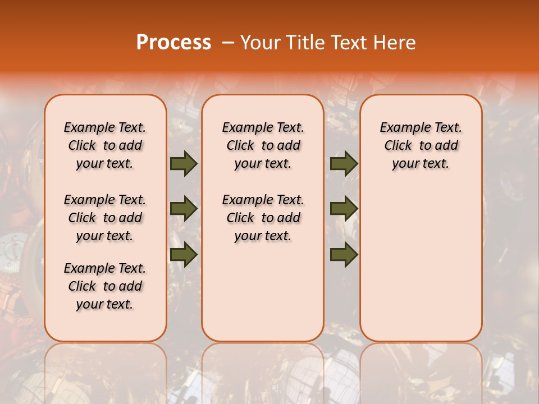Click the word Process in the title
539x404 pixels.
[173, 43]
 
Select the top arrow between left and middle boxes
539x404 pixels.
[184, 164]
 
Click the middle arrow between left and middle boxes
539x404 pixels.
[184, 209]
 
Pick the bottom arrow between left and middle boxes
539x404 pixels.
[184, 254]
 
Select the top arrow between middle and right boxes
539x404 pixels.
[344, 164]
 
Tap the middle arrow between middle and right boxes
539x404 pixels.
[344, 209]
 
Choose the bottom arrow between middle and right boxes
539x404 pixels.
[344, 254]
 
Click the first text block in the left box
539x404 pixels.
[105, 145]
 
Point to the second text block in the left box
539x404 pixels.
[105, 218]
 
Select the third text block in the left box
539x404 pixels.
[105, 286]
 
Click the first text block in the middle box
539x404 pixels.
[263, 145]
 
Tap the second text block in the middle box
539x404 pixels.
[263, 218]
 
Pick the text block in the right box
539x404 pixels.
[421, 145]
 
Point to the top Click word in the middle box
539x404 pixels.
[240, 146]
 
